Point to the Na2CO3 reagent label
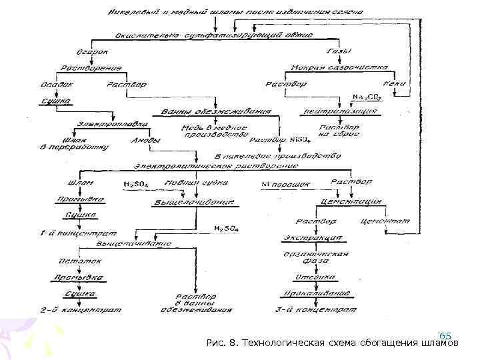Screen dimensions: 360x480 (365, 98)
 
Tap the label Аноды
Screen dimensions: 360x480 (145, 141)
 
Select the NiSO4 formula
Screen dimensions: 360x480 (299, 140)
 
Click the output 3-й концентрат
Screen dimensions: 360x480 (312, 309)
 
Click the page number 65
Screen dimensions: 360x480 (446, 335)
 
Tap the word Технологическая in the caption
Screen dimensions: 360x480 (282, 344)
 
